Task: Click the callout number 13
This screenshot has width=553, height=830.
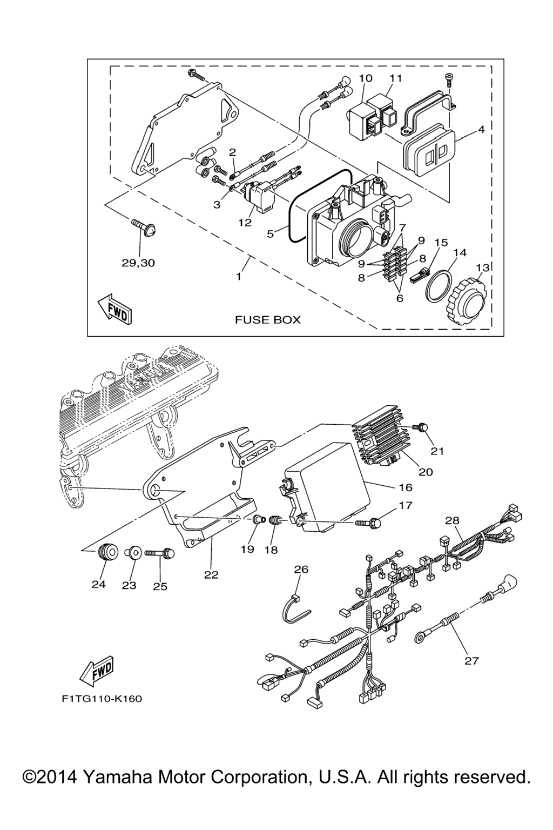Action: (482, 267)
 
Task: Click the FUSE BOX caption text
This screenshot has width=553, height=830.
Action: (267, 320)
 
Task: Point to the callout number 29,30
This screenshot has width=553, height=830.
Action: (138, 263)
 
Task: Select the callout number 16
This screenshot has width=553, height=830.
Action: (405, 487)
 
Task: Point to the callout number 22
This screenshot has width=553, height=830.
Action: (211, 575)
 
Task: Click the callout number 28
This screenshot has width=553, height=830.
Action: (452, 520)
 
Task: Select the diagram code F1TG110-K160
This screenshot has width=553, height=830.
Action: (102, 699)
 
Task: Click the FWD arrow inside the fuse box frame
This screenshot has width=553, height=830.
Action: (113, 310)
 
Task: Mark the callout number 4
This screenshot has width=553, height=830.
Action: (481, 130)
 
